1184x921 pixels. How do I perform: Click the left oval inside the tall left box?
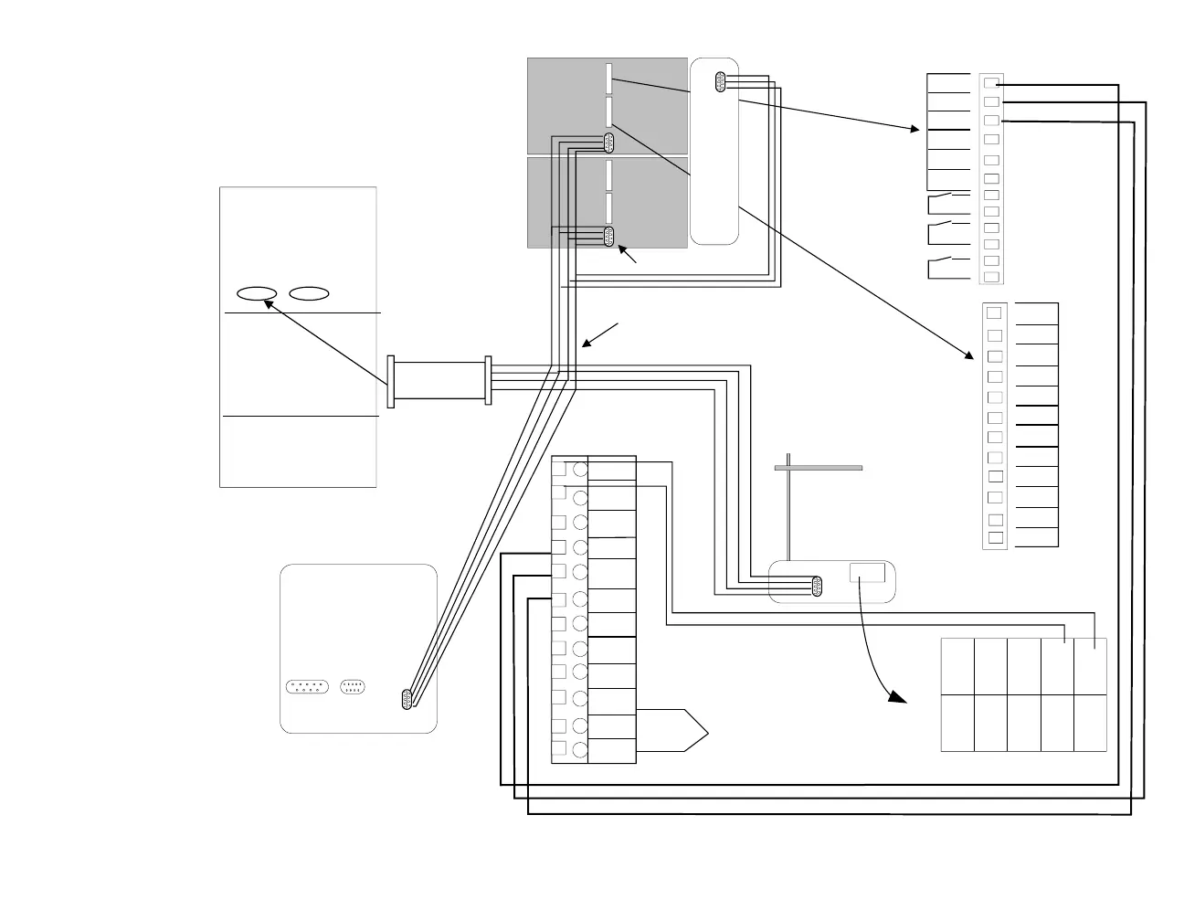257,293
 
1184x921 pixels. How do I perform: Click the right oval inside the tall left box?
310,293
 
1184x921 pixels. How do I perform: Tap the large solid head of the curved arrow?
897,696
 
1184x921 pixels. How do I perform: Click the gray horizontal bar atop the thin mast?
818,468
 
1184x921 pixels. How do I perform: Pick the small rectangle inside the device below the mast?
867,573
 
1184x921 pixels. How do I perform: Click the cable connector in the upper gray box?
608,142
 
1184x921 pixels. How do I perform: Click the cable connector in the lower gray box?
608,237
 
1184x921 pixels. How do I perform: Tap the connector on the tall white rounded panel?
720,82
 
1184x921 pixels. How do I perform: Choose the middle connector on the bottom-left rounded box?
354,687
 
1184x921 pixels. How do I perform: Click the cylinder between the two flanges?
439,381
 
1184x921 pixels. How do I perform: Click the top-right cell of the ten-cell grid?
1090,667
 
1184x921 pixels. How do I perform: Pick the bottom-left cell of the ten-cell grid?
957,723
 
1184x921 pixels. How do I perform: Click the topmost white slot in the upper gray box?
608,79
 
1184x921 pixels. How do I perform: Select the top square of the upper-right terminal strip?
991,82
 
